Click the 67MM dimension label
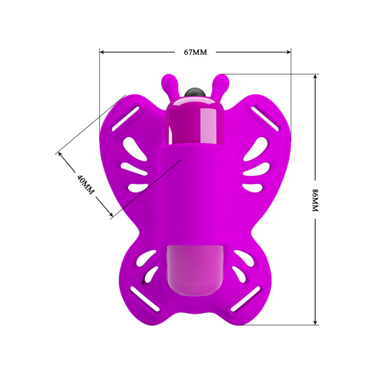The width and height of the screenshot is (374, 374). (x=195, y=52)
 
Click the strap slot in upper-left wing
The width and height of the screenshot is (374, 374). (x=126, y=119)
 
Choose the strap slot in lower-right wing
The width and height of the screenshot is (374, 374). (x=245, y=298)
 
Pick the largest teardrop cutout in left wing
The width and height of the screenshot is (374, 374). (x=131, y=147)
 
